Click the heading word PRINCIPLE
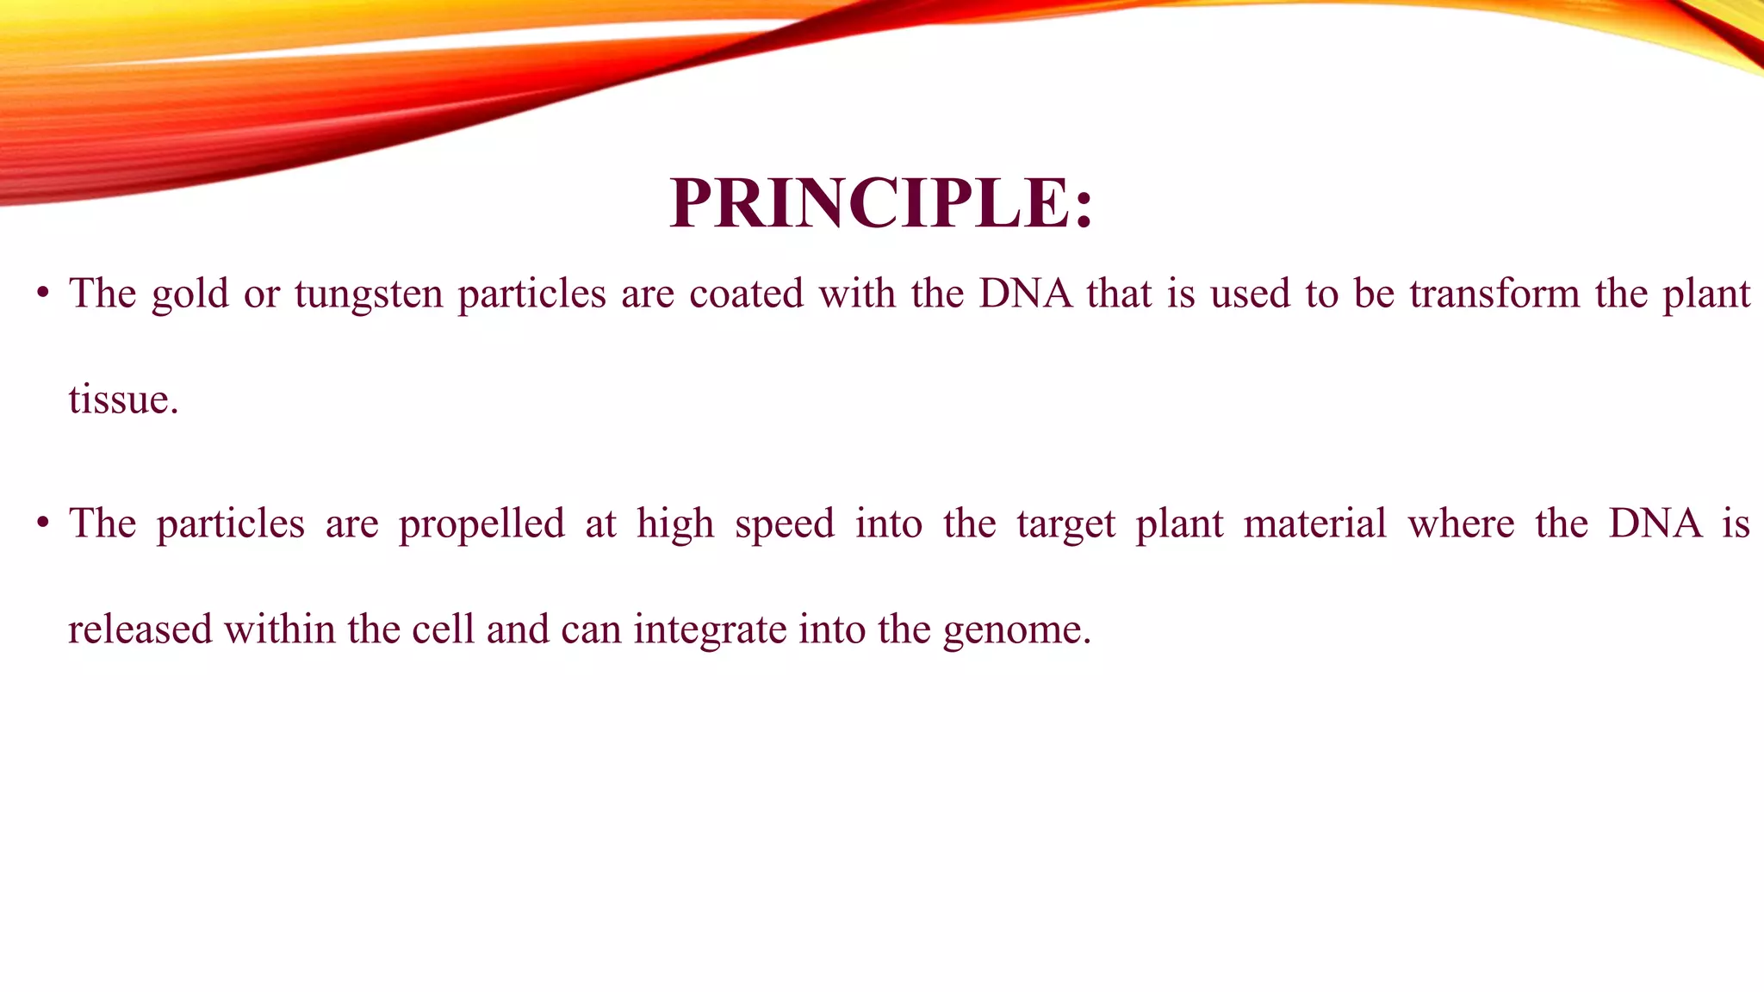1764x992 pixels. (880, 203)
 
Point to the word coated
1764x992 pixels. (746, 294)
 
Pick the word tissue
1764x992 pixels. (122, 400)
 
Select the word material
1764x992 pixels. (1315, 524)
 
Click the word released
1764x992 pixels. (140, 629)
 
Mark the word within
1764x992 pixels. (280, 629)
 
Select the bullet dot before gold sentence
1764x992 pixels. (42, 294)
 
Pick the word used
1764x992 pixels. (1250, 294)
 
